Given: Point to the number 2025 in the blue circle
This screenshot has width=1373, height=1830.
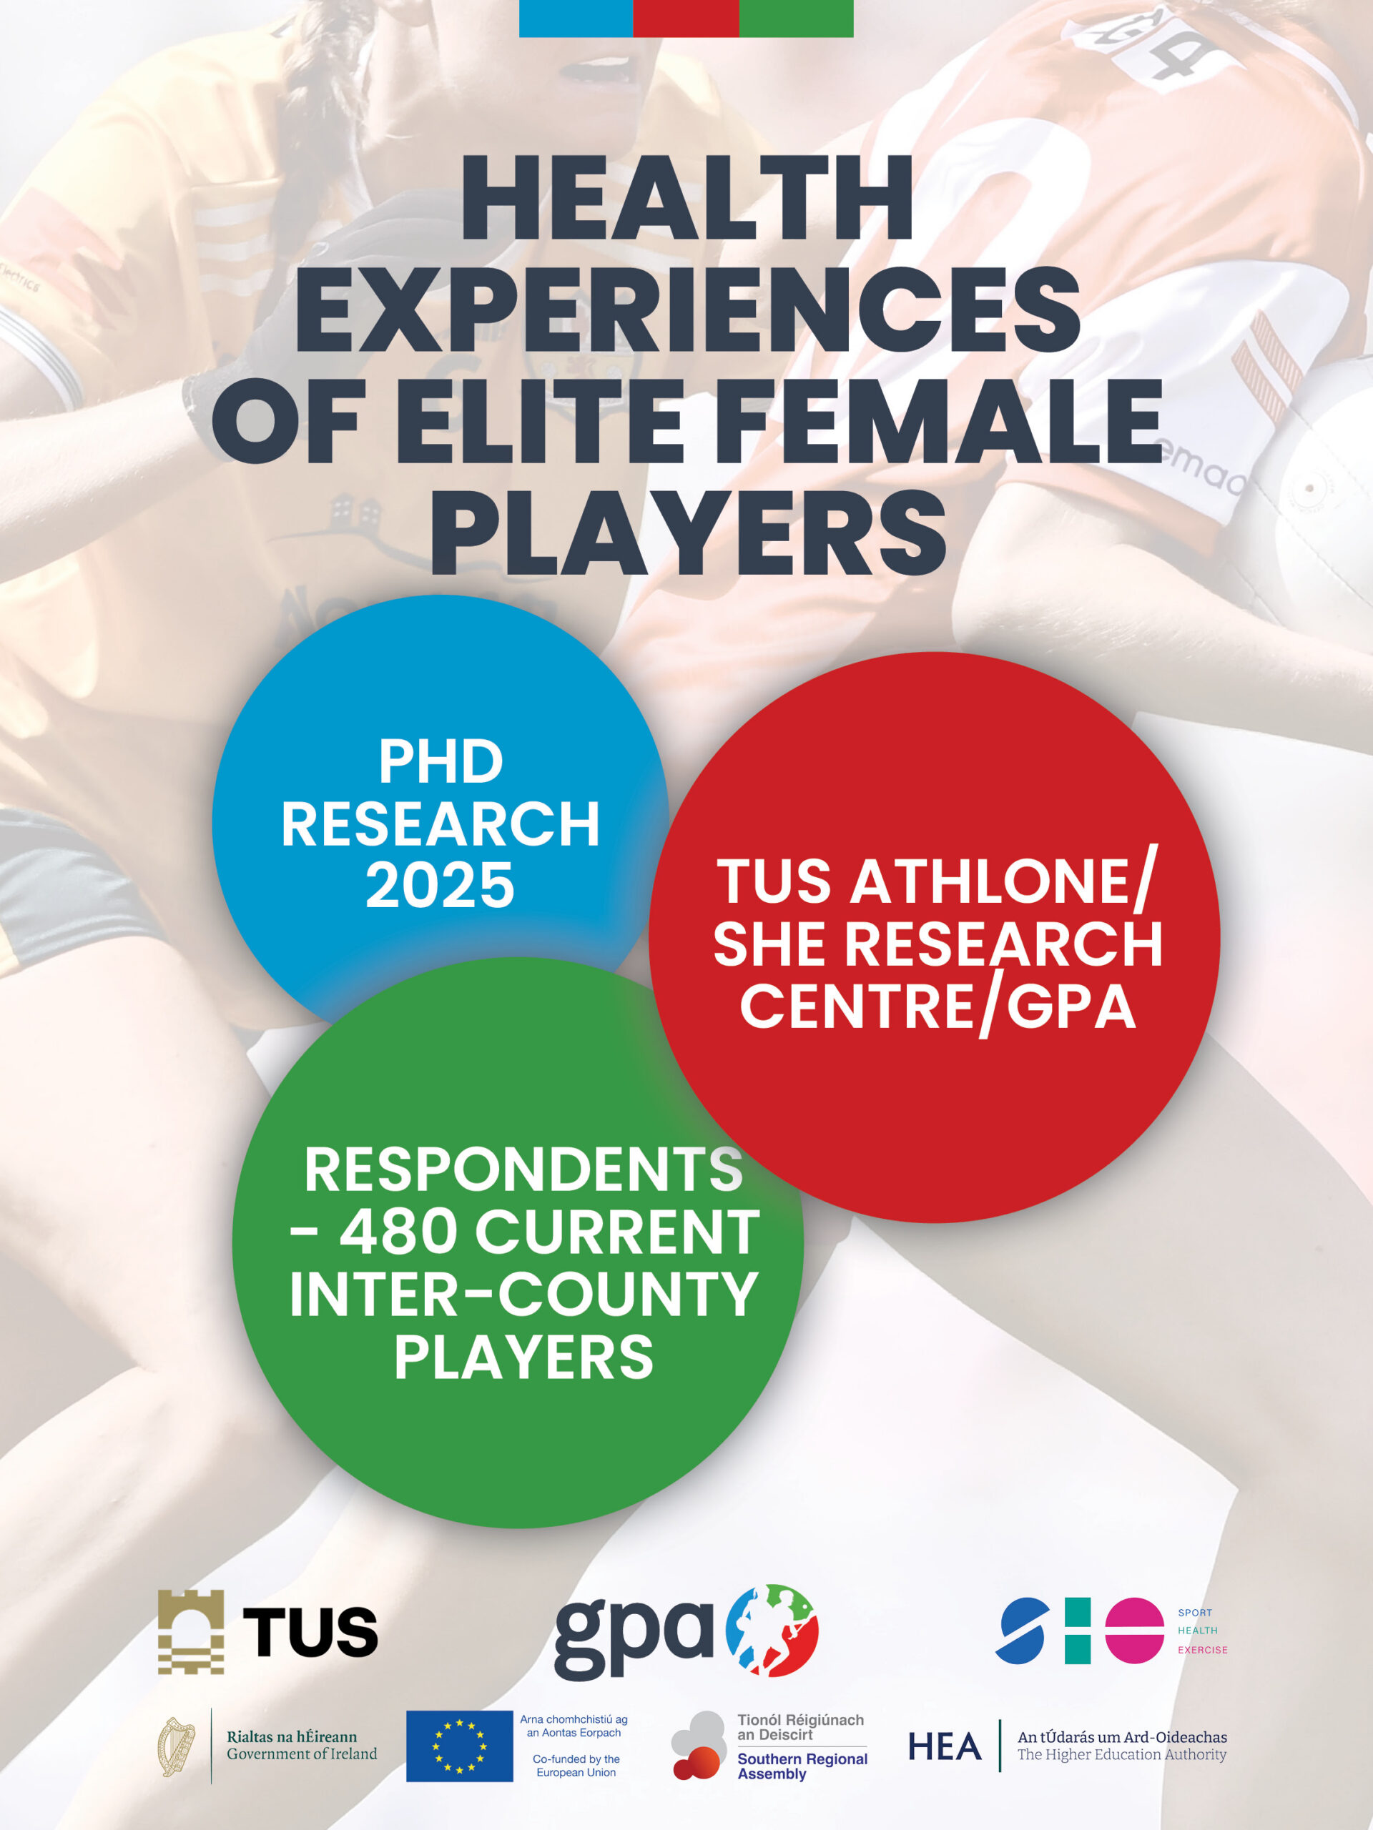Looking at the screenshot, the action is click(x=441, y=885).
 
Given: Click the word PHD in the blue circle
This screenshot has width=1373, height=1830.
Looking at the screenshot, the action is click(x=441, y=761).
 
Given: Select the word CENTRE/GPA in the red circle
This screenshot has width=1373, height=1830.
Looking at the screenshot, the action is click(x=937, y=1006).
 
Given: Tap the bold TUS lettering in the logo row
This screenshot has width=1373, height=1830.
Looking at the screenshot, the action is click(x=310, y=1632).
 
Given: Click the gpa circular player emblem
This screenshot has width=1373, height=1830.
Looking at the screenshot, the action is click(x=772, y=1631).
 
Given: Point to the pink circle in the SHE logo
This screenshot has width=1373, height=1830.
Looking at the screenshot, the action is click(x=1135, y=1631).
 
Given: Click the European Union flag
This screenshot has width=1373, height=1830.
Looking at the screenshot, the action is click(x=459, y=1746).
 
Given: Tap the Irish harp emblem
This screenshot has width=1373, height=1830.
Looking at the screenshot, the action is click(x=177, y=1746).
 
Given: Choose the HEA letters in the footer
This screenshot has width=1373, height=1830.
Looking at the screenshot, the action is click(x=945, y=1746).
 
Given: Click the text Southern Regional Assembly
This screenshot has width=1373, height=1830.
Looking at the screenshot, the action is click(x=802, y=1766).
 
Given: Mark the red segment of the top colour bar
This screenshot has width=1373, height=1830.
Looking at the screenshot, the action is click(x=685, y=18).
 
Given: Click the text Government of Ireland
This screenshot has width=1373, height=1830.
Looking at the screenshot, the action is click(x=302, y=1754).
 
